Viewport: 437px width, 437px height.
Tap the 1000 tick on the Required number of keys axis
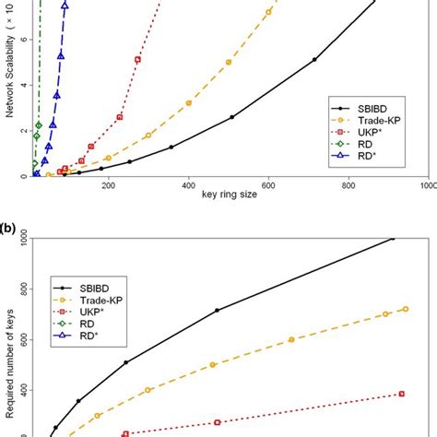pos(16,240)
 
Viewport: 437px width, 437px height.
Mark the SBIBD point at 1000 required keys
pos(394,239)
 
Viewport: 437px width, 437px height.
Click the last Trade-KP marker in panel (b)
pos(405,309)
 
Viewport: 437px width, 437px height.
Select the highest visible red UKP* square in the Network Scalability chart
pos(137,59)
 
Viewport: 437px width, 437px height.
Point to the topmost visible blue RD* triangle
pos(65,6)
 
